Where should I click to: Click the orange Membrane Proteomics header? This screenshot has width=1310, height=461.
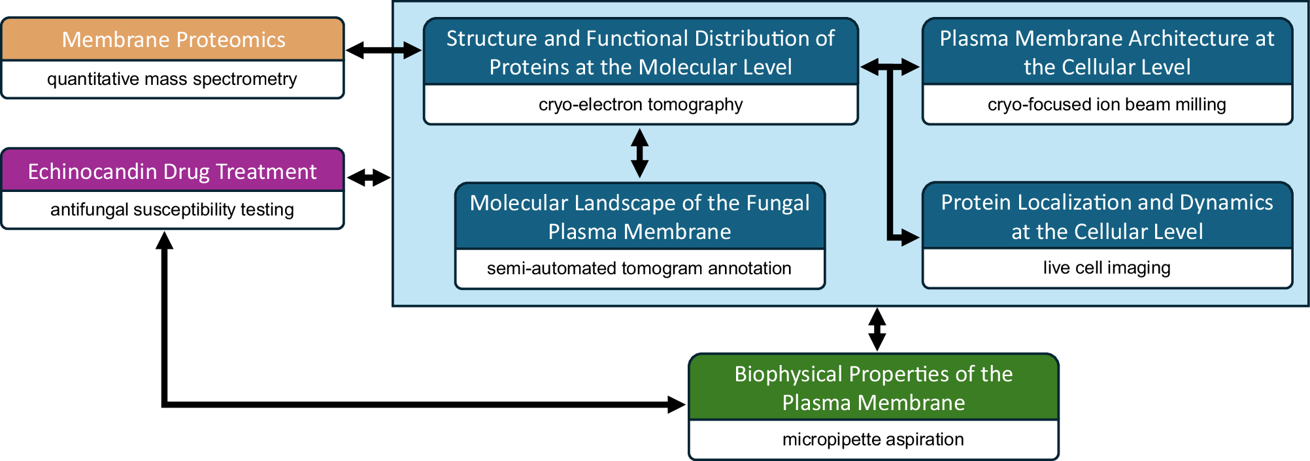(173, 40)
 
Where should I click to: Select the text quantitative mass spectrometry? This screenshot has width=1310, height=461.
(172, 79)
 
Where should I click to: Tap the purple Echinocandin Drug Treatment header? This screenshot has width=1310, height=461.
(172, 171)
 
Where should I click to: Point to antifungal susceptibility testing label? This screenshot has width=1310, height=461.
(172, 210)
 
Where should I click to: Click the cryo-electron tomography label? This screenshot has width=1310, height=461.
(641, 104)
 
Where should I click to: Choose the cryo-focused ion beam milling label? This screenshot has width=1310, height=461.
(1107, 104)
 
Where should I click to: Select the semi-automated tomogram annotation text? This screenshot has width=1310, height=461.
(639, 268)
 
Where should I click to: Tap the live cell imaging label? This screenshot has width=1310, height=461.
(1107, 268)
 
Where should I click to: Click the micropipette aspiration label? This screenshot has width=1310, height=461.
(873, 439)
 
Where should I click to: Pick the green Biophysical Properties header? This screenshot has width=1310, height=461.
(873, 388)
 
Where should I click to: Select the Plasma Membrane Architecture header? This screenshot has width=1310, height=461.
(1107, 52)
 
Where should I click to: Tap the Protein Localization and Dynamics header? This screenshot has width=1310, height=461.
(1107, 217)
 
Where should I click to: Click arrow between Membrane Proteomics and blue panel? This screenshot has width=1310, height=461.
(384, 50)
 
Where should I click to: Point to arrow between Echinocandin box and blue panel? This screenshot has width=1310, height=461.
(369, 177)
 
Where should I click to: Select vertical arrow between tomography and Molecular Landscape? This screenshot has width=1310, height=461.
(639, 153)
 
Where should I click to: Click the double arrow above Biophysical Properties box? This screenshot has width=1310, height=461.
(877, 330)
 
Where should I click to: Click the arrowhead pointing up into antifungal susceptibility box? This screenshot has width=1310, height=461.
(165, 241)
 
